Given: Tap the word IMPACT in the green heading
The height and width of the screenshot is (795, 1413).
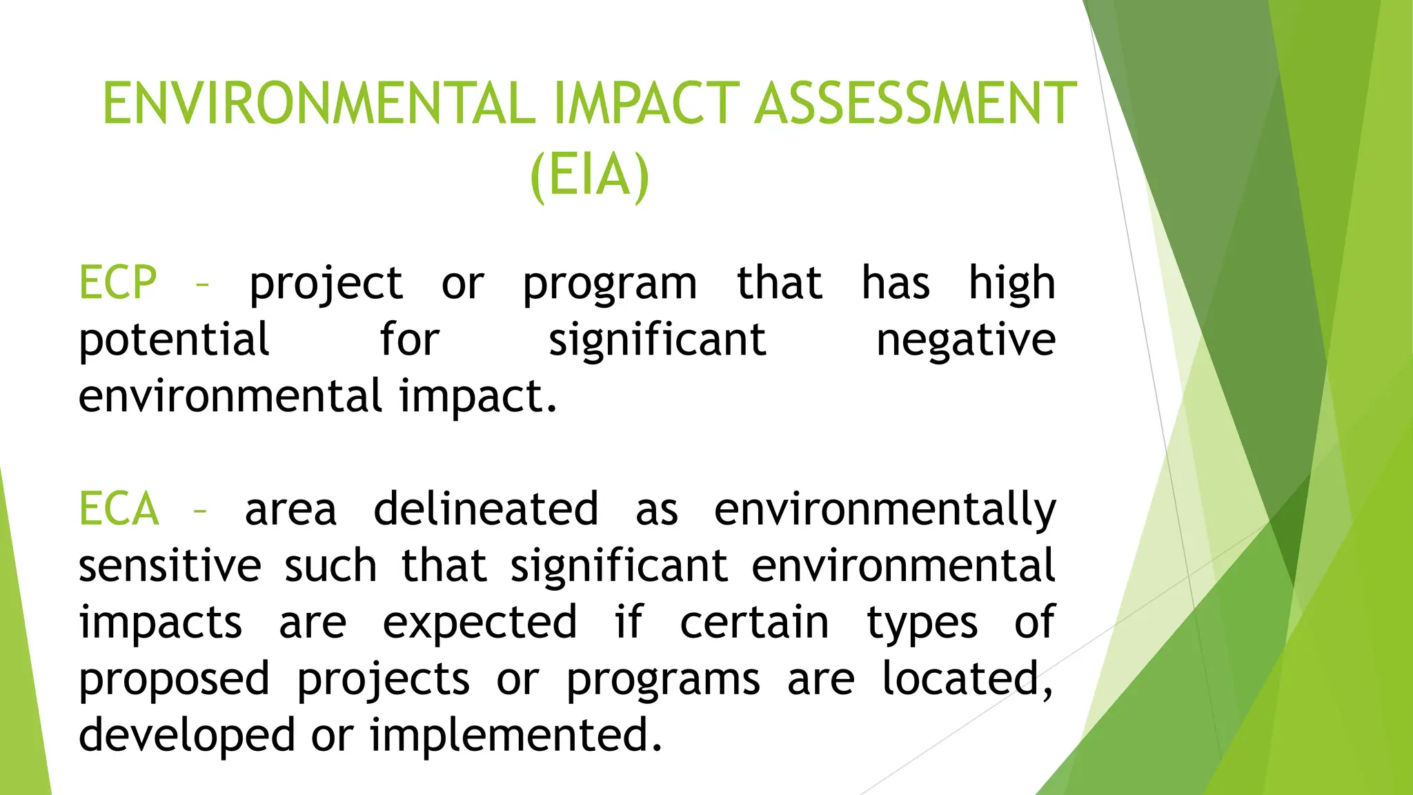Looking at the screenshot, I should (x=646, y=104).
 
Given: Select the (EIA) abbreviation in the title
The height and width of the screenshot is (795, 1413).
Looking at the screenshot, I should (x=590, y=175).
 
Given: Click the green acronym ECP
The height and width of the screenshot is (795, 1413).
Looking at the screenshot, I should (x=118, y=283).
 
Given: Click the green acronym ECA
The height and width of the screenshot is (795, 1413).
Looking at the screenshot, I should (x=119, y=509).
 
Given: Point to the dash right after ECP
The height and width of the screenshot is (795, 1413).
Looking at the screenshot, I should (x=202, y=284).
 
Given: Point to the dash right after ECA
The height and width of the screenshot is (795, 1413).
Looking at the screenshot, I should (x=200, y=511).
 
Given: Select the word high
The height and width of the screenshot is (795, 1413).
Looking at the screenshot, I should (x=1011, y=283).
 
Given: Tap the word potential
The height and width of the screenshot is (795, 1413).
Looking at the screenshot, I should (x=174, y=340).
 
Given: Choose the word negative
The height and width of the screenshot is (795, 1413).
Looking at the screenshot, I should (x=965, y=340).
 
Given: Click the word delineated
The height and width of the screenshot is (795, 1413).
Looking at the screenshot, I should (x=486, y=509).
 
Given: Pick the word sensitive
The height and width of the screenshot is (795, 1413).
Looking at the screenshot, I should (x=170, y=566).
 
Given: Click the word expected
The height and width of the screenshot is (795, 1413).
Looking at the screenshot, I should (x=480, y=623).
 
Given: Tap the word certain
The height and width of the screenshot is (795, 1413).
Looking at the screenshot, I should (x=754, y=622).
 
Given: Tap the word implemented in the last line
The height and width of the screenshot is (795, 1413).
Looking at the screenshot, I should (x=515, y=736).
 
